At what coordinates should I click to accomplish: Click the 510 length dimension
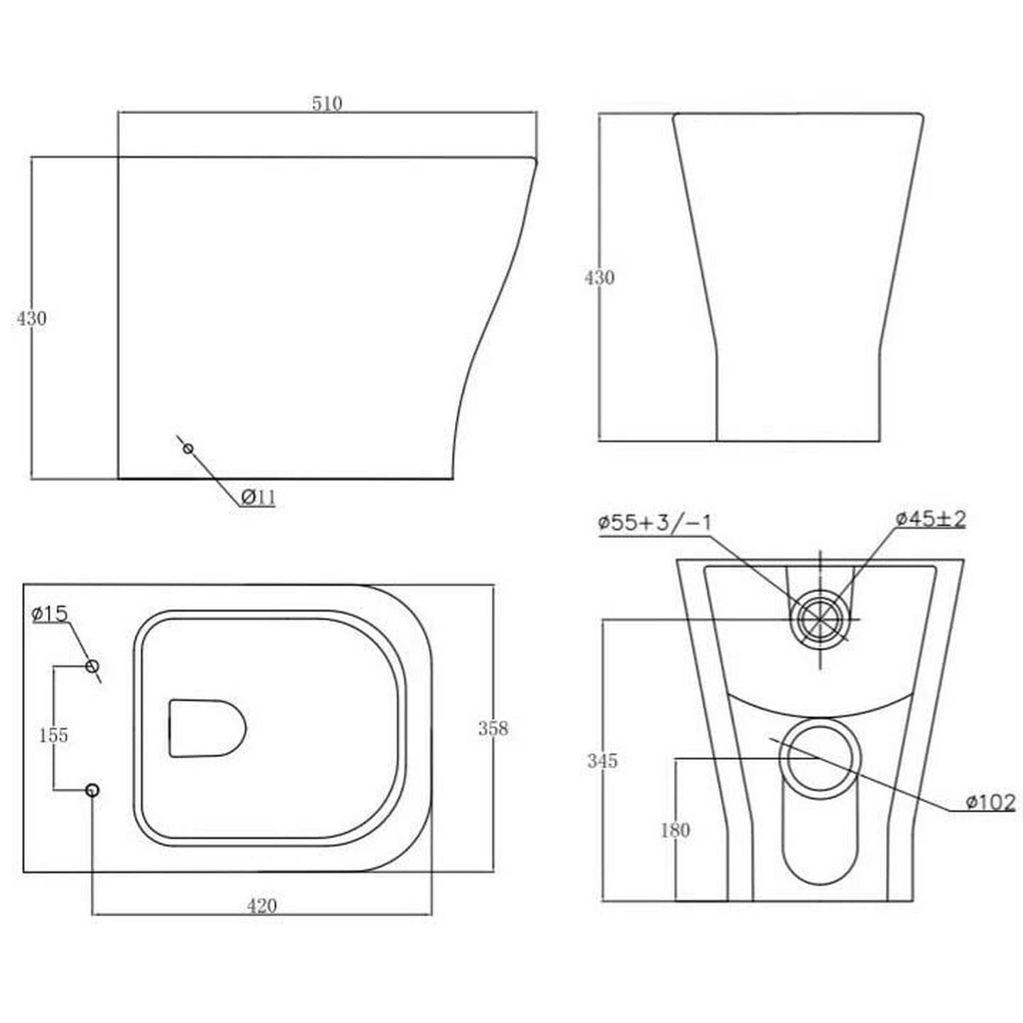pyautogui.click(x=327, y=104)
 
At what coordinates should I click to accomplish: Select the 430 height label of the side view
pyautogui.click(x=31, y=318)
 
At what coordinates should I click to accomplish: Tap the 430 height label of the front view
pyautogui.click(x=599, y=278)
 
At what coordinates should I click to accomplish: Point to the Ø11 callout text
pyautogui.click(x=258, y=497)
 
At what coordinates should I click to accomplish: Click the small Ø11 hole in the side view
pyautogui.click(x=188, y=448)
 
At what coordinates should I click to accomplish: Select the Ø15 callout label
pyautogui.click(x=50, y=614)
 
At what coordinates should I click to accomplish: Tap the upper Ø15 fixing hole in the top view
pyautogui.click(x=92, y=666)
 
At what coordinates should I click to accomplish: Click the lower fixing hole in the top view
pyautogui.click(x=92, y=790)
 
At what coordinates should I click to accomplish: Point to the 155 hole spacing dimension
pyautogui.click(x=53, y=735)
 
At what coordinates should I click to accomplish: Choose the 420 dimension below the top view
pyautogui.click(x=262, y=906)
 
